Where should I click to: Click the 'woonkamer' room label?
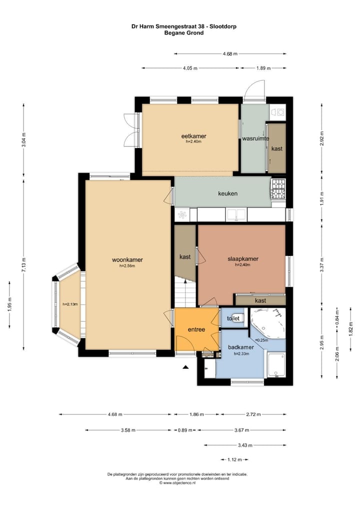click(127, 259)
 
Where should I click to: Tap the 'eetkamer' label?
click(193, 136)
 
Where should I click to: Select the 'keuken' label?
click(227, 193)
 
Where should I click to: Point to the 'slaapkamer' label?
click(243, 258)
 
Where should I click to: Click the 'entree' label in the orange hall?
click(196, 329)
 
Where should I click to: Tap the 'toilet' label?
click(233, 318)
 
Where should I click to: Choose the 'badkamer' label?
click(241, 347)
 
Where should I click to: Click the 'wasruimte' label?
click(255, 138)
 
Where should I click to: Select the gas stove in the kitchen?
click(278, 189)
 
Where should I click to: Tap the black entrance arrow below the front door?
click(185, 367)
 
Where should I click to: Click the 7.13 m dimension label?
click(23, 265)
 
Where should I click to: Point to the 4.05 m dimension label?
click(190, 68)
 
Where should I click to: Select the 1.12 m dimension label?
click(234, 459)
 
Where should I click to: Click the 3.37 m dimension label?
click(321, 265)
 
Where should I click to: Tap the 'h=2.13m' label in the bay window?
click(70, 304)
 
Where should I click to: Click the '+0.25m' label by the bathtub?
click(261, 340)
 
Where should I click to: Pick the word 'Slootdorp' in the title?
click(223, 26)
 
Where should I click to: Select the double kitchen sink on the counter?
click(236, 214)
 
